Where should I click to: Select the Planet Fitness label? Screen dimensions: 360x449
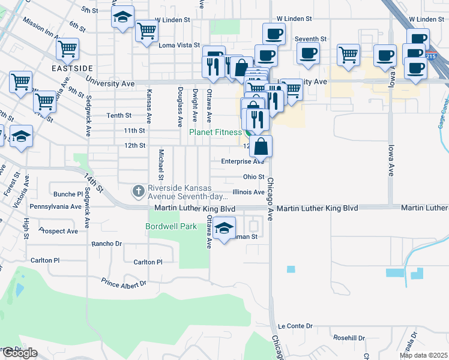[215, 132]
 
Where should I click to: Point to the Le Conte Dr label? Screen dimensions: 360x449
[295, 326]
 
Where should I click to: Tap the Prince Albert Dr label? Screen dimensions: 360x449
[124, 283]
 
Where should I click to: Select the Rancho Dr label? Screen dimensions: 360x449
[106, 244]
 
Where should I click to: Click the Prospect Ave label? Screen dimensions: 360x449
[58, 231]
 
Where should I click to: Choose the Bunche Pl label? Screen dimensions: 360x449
[68, 194]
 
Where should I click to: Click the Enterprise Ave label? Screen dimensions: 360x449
[243, 161]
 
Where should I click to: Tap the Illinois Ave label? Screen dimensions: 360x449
[249, 192]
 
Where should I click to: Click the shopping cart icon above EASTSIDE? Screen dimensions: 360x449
[67, 49]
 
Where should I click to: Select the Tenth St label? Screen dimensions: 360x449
[119, 115]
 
